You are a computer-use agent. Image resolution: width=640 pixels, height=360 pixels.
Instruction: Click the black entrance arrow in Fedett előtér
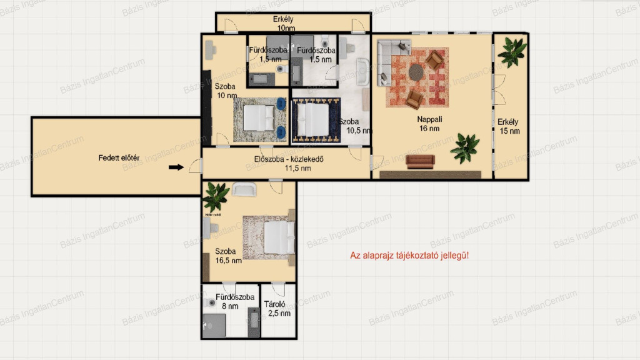[x=176, y=167]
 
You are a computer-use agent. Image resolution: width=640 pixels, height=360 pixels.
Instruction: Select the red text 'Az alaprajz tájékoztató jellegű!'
[x=409, y=256]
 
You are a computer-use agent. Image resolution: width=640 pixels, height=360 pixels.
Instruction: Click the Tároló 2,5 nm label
[x=277, y=309]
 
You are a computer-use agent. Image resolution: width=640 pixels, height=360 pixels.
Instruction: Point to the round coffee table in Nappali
[x=416, y=72]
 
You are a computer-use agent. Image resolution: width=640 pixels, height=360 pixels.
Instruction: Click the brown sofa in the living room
[x=420, y=162]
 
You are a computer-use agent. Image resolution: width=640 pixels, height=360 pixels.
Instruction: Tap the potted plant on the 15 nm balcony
[x=511, y=51]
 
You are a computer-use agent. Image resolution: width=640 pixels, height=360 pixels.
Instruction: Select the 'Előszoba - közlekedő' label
[x=289, y=159]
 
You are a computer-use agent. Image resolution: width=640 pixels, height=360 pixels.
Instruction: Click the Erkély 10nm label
[x=284, y=24]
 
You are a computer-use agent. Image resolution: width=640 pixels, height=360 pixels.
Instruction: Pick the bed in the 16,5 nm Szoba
[x=279, y=237]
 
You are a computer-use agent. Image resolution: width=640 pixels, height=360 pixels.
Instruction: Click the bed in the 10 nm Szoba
[x=259, y=118]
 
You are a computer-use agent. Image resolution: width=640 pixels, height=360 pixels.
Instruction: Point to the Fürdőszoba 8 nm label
[x=235, y=301]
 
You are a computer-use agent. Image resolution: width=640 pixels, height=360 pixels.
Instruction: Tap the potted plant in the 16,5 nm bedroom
[x=216, y=196]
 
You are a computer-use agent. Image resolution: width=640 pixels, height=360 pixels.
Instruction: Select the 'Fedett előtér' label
[x=119, y=158]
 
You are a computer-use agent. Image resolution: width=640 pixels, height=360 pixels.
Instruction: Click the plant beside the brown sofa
[x=465, y=148]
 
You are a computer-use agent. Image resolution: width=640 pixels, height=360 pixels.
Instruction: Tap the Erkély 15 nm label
[x=509, y=126]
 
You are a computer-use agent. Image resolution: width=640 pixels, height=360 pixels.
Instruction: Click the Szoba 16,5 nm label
[x=228, y=256]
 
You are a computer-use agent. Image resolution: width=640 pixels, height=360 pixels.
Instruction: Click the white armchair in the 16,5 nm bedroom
[x=244, y=189]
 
